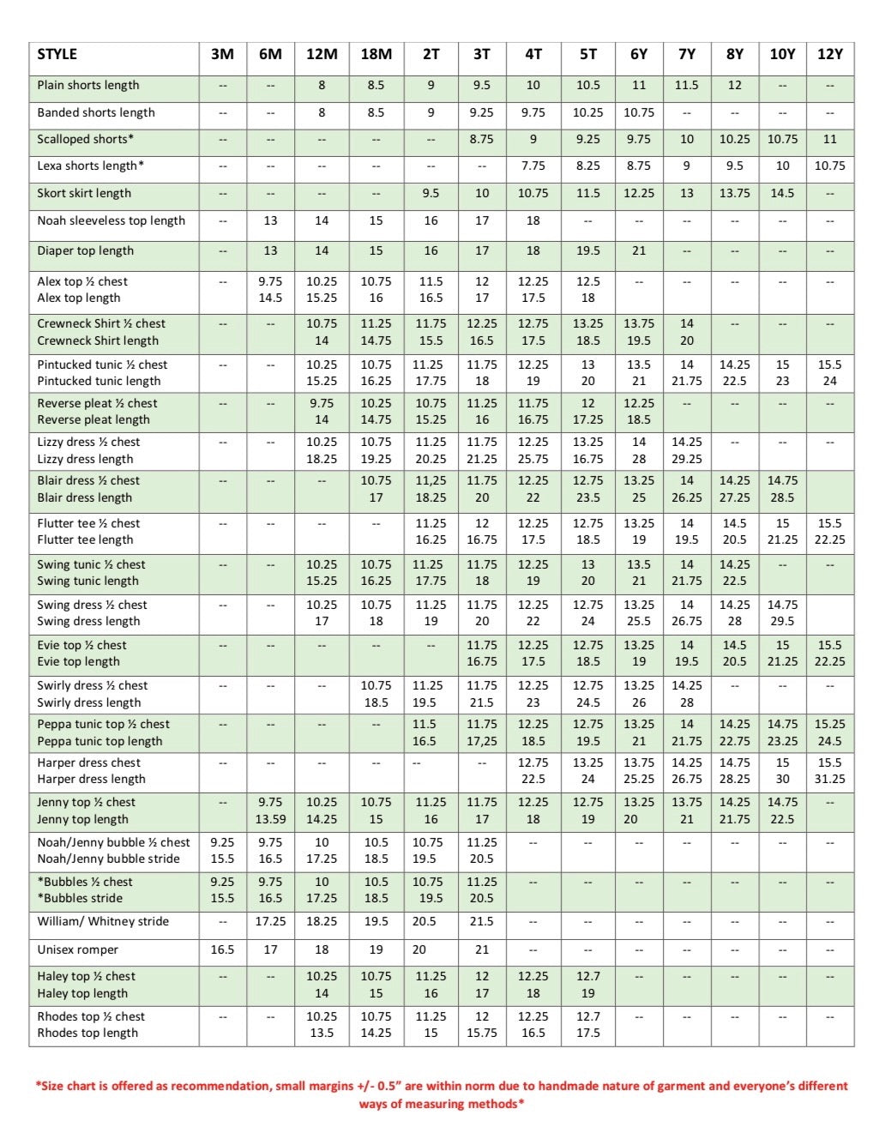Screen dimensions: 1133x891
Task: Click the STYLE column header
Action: point(57,54)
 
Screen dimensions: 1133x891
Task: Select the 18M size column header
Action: point(376,54)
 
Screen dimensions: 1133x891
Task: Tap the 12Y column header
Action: point(829,54)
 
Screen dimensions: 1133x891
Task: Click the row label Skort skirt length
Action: point(84,194)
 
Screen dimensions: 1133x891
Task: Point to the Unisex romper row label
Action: point(77,950)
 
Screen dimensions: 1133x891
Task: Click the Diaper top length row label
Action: point(85,251)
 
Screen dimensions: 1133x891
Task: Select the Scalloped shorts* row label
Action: point(85,139)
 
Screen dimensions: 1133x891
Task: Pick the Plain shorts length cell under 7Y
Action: point(686,86)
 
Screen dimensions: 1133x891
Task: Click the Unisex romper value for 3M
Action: point(222,950)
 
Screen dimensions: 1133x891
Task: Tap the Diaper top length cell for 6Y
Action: point(639,251)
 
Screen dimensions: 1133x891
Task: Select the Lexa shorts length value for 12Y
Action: point(829,166)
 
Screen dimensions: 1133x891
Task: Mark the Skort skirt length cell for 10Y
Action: point(782,194)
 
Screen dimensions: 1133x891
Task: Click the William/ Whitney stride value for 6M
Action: point(270,922)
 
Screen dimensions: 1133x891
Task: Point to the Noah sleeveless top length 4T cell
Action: point(533,221)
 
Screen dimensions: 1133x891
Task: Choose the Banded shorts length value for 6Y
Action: point(639,112)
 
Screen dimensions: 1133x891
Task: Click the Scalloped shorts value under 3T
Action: point(482,139)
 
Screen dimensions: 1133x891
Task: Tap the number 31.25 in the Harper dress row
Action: point(829,780)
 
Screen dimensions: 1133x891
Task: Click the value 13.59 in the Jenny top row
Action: point(270,819)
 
